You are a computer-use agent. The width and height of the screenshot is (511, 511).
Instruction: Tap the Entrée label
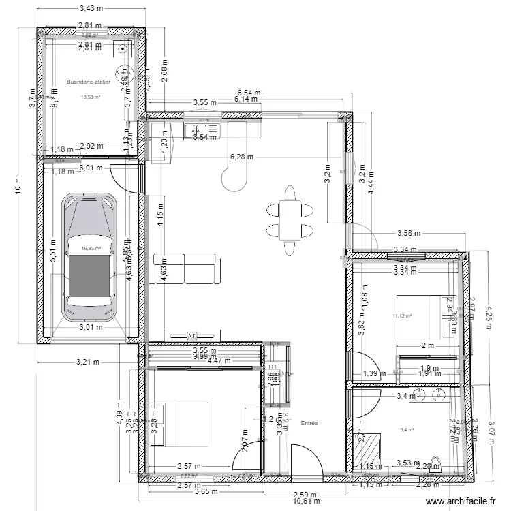pyautogui.click(x=309, y=423)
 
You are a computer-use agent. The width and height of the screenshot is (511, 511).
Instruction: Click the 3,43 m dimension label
pyautogui.click(x=91, y=9)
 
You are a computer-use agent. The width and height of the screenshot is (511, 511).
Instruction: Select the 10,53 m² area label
pyautogui.click(x=91, y=97)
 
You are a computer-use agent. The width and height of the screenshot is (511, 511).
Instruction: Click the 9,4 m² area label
pyautogui.click(x=407, y=429)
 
